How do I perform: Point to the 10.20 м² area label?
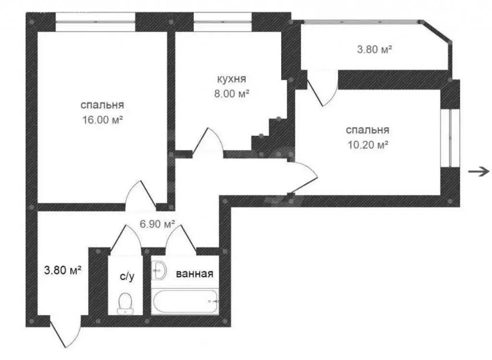click(368, 144)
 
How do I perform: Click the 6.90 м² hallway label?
click(157, 224)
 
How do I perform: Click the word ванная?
click(194, 274)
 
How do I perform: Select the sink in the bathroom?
click(159, 271)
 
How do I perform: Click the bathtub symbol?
click(185, 301)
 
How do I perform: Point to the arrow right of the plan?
click(479, 171)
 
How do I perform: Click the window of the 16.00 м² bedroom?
click(95, 22)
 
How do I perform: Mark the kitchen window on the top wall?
click(222, 22)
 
